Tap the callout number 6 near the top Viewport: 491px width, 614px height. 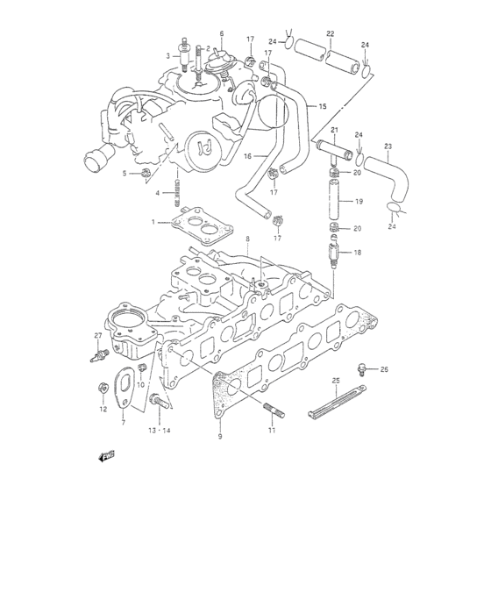(222, 33)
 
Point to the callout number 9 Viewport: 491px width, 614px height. (220, 436)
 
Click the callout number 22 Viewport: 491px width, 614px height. (331, 33)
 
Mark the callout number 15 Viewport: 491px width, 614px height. (322, 106)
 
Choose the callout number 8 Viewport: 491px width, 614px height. (248, 239)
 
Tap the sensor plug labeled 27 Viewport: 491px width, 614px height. (103, 355)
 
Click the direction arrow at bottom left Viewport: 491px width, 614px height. (108, 455)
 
